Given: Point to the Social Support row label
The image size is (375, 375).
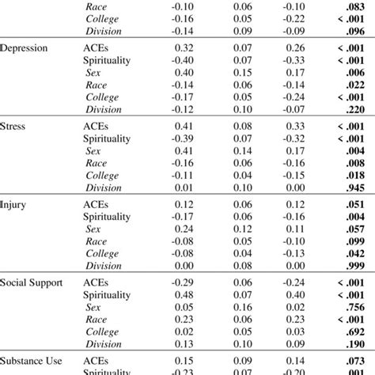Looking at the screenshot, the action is point(32,282).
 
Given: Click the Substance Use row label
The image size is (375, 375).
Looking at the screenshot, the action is point(32,360).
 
